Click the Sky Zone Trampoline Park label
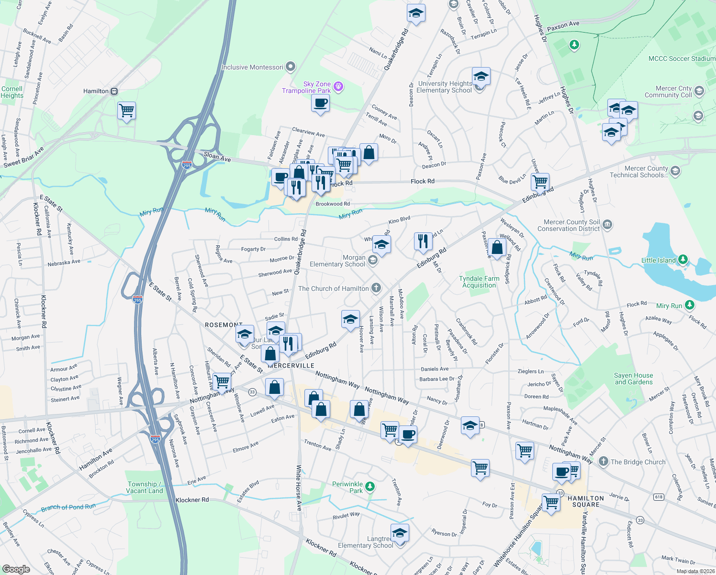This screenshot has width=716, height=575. (x=306, y=87)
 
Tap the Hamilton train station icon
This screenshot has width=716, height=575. (x=114, y=91)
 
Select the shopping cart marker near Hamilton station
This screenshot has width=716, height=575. (x=127, y=111)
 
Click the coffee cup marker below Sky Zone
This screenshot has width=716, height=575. (x=320, y=103)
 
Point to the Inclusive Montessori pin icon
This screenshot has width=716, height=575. (x=291, y=67)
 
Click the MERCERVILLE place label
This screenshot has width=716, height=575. (x=291, y=366)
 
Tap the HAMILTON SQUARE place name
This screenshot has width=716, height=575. (x=586, y=501)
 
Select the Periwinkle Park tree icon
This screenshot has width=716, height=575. (x=369, y=487)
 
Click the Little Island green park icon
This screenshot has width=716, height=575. (x=683, y=260)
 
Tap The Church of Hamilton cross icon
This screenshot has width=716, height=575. (x=376, y=288)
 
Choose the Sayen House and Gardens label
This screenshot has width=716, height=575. (x=633, y=379)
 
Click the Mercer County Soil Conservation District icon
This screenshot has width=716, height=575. (x=607, y=224)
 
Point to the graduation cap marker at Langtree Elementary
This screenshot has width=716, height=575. (x=400, y=532)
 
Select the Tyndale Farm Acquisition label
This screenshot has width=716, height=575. (x=479, y=282)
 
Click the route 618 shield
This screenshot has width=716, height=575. (x=659, y=497)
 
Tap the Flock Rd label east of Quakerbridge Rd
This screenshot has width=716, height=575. (x=423, y=181)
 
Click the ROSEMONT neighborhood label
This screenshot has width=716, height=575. (x=224, y=325)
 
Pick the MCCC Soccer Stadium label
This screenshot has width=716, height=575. (x=682, y=58)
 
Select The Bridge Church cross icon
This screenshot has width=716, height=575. (x=603, y=461)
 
